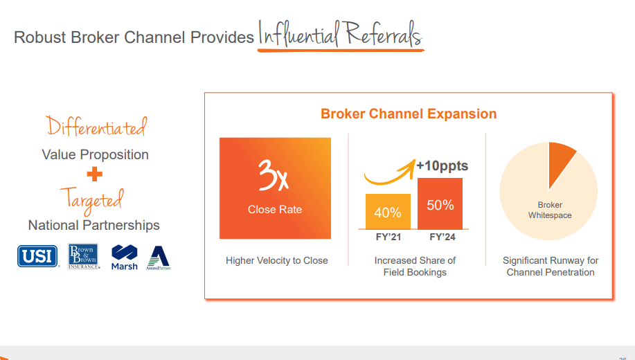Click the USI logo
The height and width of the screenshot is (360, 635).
point(38,256)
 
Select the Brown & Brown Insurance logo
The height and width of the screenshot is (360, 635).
point(84,256)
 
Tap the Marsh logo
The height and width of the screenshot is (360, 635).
point(125,257)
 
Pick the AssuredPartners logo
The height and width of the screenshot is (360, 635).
point(159,257)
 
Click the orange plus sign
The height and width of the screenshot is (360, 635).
point(95,175)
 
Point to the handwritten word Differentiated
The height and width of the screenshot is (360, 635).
point(96,127)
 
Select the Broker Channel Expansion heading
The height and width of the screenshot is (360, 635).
point(409,114)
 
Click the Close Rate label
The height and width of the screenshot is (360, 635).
point(275,210)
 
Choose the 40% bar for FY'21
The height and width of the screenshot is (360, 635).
point(388,212)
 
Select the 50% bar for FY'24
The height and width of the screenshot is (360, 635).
point(440,204)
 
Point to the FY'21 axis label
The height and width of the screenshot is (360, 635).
point(388,237)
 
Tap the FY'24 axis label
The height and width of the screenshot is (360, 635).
point(440,237)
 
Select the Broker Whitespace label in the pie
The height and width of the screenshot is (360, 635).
point(550,210)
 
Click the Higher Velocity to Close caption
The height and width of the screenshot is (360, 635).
point(277,261)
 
